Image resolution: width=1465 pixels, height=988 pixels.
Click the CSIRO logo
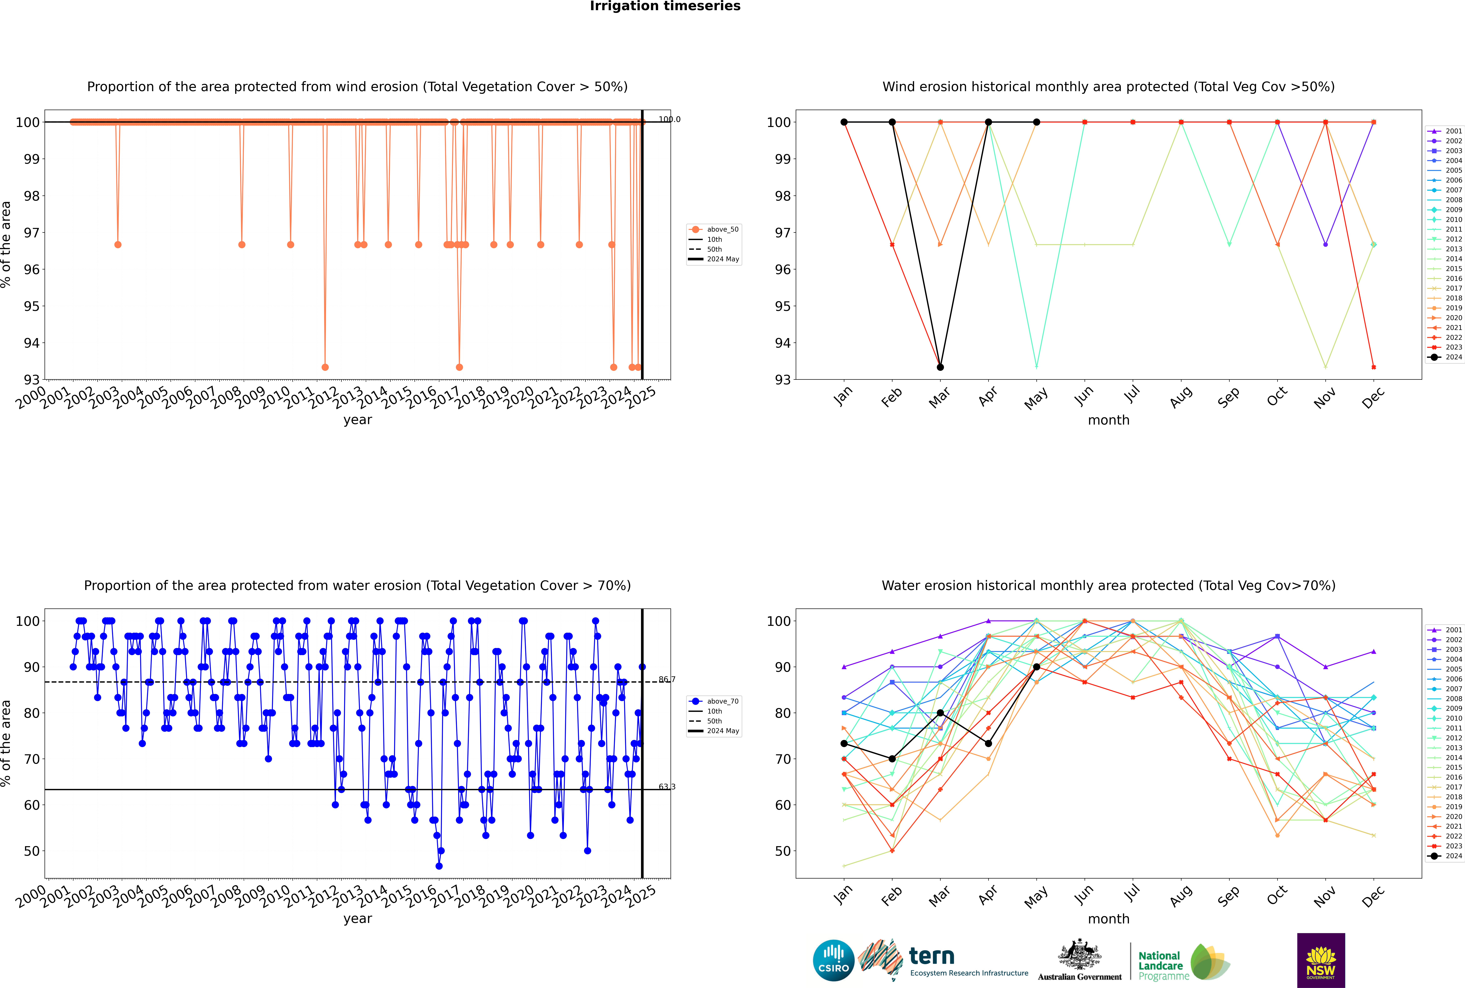833,960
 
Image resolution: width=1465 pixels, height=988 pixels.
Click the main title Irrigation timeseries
665,6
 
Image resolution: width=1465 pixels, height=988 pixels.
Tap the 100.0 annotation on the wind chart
669,119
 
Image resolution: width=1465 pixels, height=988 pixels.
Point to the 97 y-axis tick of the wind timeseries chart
31,233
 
